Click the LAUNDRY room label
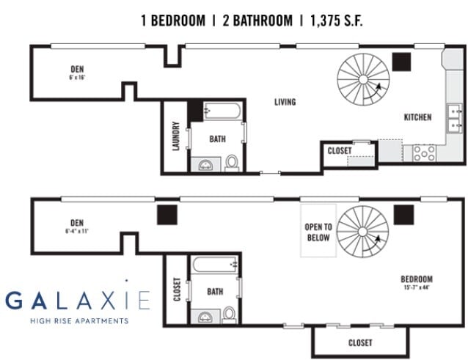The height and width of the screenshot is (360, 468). [x=176, y=136]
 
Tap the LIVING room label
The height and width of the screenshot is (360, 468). [x=285, y=102]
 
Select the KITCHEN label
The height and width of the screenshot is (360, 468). [x=417, y=117]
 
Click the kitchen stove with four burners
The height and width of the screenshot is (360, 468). [x=424, y=153]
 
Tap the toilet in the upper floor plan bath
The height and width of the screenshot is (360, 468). [x=232, y=162]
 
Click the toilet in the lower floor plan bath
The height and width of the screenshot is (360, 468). [x=229, y=313]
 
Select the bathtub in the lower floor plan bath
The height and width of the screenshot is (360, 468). [x=215, y=263]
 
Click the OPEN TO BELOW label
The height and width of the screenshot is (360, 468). [x=318, y=232]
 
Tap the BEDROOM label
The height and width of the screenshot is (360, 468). [x=416, y=279]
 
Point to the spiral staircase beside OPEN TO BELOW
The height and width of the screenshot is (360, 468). [x=362, y=231]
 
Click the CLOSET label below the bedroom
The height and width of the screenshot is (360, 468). [x=359, y=342]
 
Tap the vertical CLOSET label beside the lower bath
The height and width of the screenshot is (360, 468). [x=176, y=289]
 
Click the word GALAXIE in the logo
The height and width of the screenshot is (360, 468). [x=77, y=301]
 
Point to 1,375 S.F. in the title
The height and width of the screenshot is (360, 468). [x=334, y=20]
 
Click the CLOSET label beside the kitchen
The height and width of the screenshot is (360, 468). [x=340, y=150]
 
